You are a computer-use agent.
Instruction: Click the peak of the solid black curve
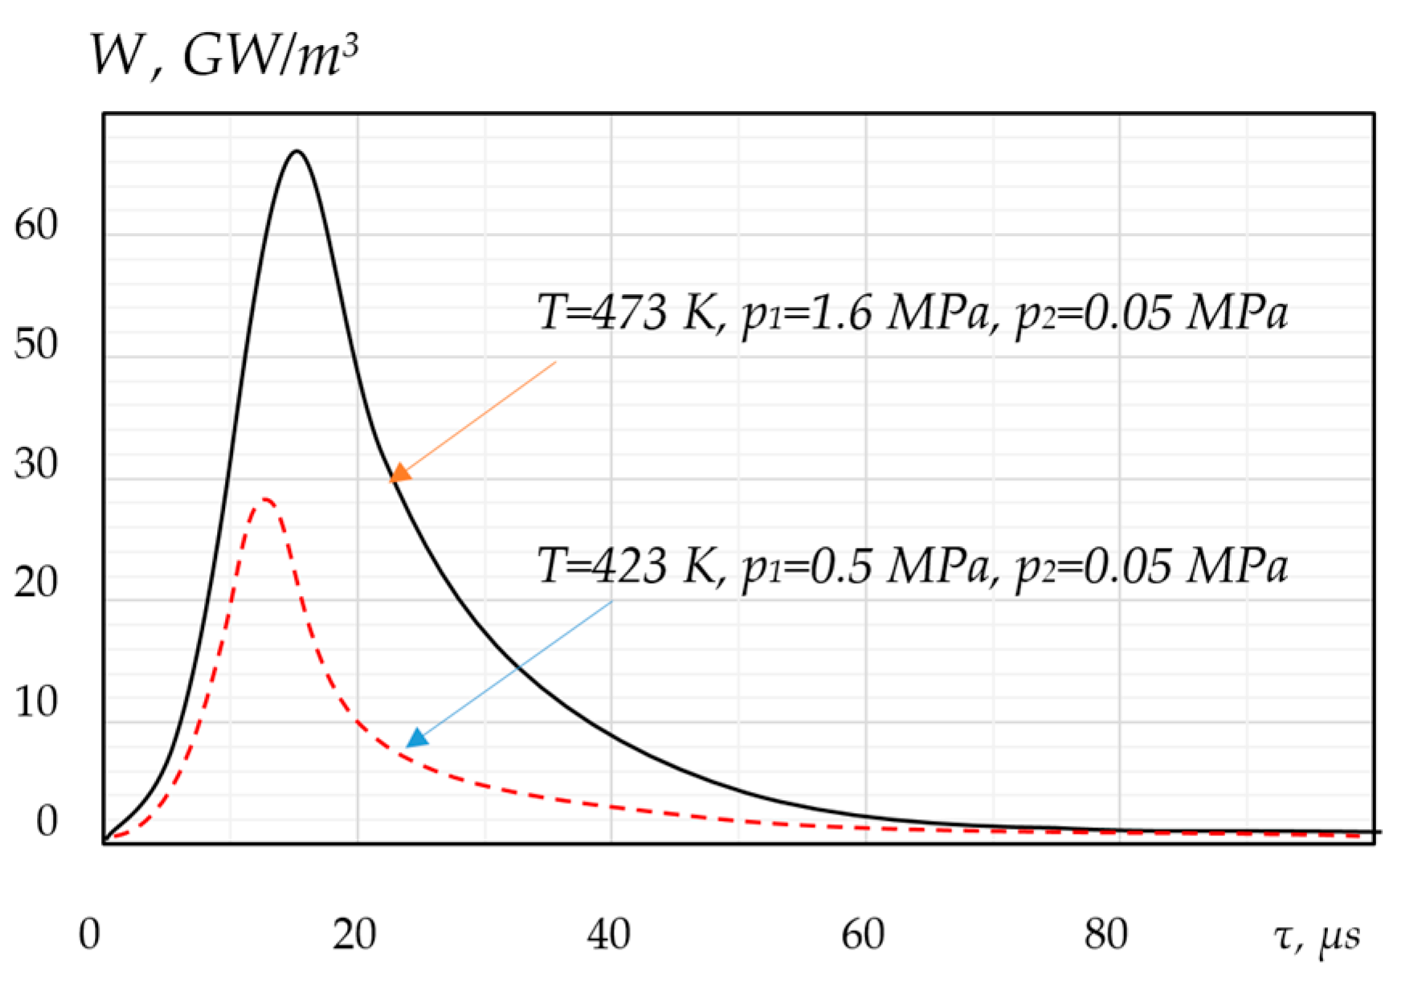click(x=297, y=151)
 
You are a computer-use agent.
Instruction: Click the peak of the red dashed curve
click(x=264, y=500)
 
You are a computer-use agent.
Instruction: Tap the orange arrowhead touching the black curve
click(x=399, y=473)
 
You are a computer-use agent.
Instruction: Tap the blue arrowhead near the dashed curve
click(x=416, y=737)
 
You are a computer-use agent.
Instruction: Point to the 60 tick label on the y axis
click(x=36, y=225)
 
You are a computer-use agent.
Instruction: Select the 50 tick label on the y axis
click(x=36, y=345)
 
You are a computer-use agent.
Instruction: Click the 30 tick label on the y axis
click(x=36, y=464)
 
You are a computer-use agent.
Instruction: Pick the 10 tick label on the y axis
click(x=36, y=703)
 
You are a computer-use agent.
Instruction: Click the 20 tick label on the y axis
click(x=36, y=582)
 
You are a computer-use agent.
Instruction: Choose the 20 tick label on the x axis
click(x=354, y=934)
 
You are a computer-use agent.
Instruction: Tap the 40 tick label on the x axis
click(x=608, y=934)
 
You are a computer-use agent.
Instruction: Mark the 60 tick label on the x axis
click(x=863, y=934)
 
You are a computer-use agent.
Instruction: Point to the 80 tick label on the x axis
click(x=1106, y=934)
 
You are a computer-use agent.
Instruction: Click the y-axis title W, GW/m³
click(x=223, y=55)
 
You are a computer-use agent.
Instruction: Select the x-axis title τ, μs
click(x=1317, y=936)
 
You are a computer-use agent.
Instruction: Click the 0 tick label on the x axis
click(x=89, y=934)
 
